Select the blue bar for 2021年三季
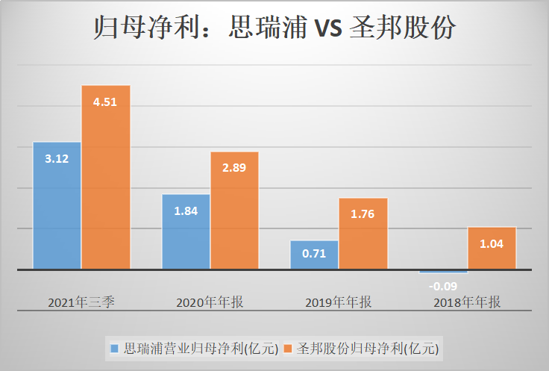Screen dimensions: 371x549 click(57, 205)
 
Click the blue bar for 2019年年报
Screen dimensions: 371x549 click(314, 255)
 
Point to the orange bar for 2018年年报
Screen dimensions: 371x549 click(492, 248)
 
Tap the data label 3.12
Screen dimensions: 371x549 click(57, 158)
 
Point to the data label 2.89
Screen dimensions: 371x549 click(234, 168)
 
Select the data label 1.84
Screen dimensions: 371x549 click(186, 211)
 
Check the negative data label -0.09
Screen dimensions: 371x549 click(443, 284)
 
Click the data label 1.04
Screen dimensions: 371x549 click(492, 243)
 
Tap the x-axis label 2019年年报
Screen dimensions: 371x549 click(339, 302)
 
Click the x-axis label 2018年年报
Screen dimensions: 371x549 click(468, 302)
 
